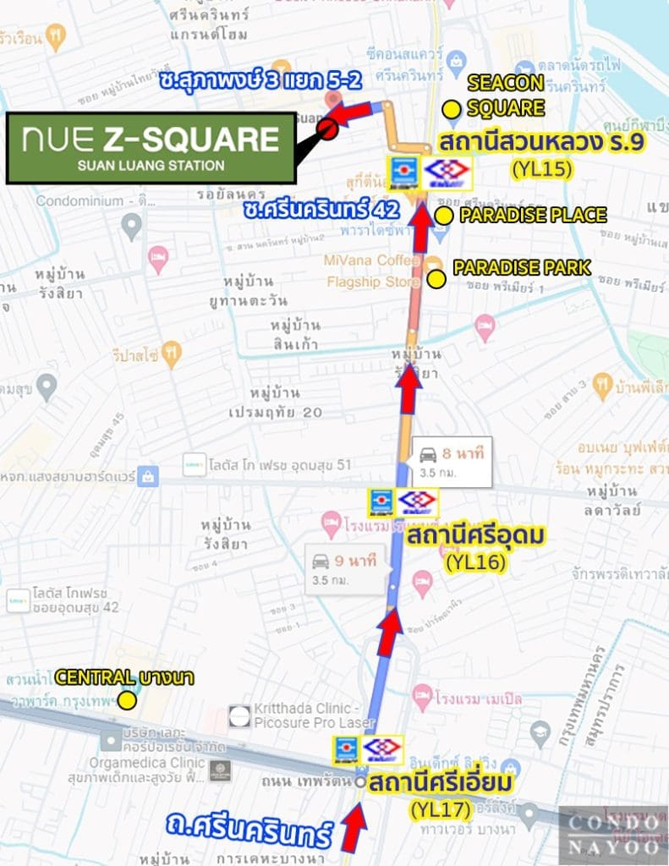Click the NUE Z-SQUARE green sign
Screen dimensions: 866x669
(151, 147)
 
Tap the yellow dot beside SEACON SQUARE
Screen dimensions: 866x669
(452, 107)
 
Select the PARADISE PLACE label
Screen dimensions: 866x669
(533, 215)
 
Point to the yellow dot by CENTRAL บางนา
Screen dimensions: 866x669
(127, 699)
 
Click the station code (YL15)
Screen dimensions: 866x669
(542, 169)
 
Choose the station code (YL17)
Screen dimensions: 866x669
(441, 809)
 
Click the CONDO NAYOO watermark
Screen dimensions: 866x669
(613, 834)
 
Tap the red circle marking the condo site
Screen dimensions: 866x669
(328, 129)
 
